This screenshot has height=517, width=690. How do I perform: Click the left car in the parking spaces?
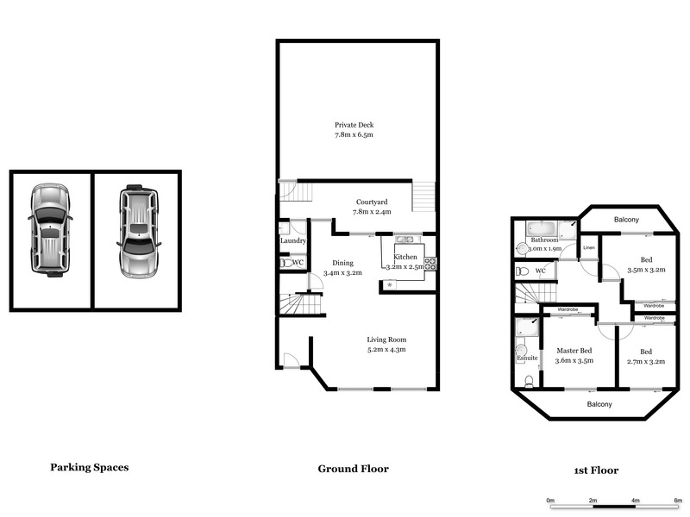pos(50,231)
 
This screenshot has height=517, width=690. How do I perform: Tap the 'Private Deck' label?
pos(354,125)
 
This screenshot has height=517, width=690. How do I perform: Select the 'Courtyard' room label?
pos(372,202)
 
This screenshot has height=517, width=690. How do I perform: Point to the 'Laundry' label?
pos(293,241)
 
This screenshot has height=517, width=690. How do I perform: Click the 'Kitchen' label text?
pos(405,258)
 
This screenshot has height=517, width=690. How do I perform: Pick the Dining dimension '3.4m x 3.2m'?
pos(342,273)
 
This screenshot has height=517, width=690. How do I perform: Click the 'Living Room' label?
pos(386,339)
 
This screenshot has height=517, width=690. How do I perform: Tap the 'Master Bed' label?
pos(574,350)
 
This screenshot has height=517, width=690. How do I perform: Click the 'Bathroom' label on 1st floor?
pos(544,240)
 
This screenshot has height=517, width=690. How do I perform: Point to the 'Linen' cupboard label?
pos(589,248)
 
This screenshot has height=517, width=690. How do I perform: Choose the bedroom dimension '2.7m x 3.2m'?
pos(646,362)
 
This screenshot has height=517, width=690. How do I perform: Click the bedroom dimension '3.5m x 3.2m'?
pos(647,269)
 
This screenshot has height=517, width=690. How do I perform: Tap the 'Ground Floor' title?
pos(353,469)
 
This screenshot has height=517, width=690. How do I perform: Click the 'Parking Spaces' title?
pos(89,467)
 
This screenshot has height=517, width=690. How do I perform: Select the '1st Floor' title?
pos(595,470)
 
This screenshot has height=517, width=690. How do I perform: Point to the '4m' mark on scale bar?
pos(635,500)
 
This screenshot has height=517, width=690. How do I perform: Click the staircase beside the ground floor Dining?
pos(298,304)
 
